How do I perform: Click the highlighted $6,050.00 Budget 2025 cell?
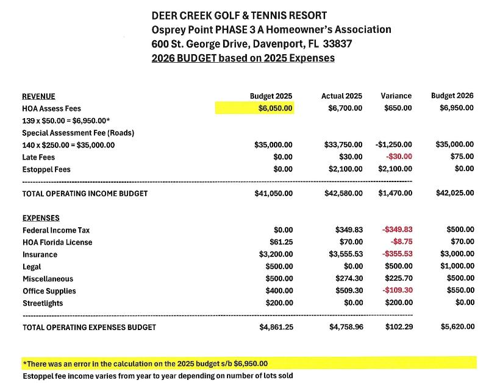(x=275, y=108)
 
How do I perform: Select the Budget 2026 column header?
(x=452, y=96)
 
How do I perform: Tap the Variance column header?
(x=396, y=96)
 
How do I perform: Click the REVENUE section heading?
(x=38, y=96)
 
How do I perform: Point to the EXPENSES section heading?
(x=40, y=218)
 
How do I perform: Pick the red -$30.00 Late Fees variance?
(x=399, y=157)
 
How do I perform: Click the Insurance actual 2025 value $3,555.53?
(x=345, y=255)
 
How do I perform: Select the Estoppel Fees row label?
(x=46, y=169)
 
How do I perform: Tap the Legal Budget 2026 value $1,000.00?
(x=457, y=267)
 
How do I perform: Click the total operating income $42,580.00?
(x=343, y=194)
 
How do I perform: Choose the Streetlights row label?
(x=43, y=303)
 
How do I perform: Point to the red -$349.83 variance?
(x=397, y=230)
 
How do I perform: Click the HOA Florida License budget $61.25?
(x=280, y=242)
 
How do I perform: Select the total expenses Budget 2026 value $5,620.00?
(x=457, y=327)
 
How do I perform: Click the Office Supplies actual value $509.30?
(x=349, y=291)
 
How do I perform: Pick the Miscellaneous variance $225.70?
(x=398, y=279)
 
